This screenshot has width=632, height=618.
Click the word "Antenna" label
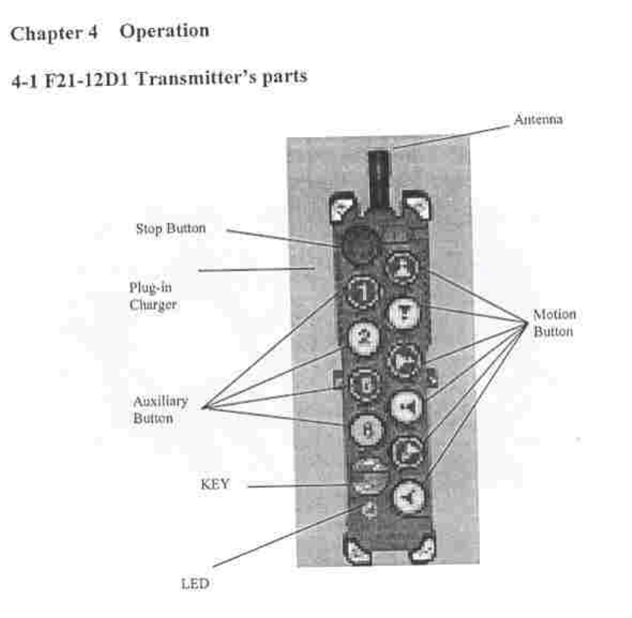tap(538, 119)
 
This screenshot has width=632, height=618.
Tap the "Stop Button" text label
tap(170, 228)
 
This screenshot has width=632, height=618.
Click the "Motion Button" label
tap(554, 323)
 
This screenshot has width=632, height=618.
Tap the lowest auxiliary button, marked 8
tap(364, 428)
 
